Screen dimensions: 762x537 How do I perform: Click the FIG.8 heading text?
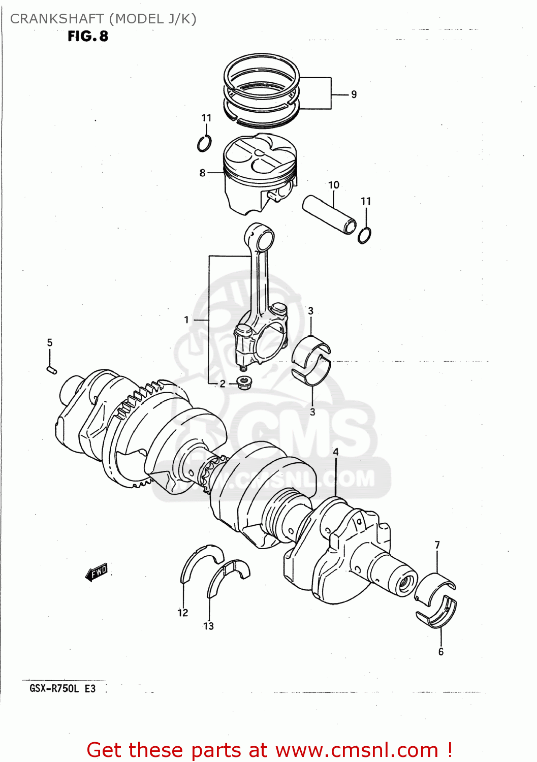[x=88, y=36]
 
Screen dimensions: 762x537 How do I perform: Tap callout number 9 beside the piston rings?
[x=354, y=94]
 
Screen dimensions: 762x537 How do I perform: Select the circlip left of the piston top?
[x=204, y=144]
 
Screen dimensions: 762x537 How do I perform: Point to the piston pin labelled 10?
[x=329, y=215]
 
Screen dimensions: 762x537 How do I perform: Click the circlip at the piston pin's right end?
[x=364, y=235]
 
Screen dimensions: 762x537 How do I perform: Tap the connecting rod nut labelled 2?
[x=244, y=382]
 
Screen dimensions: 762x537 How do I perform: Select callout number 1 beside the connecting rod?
[x=186, y=320]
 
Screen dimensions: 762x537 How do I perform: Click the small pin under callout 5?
[x=51, y=369]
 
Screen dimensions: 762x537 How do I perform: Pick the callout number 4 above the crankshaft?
[x=335, y=452]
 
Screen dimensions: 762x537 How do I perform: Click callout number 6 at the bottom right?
[x=440, y=652]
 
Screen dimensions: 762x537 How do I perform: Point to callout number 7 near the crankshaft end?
[x=437, y=545]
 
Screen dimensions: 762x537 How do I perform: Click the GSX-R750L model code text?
[x=54, y=689]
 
